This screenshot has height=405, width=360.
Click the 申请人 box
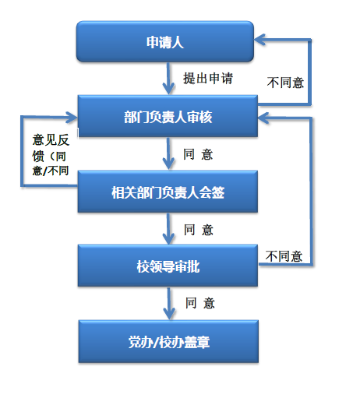(x=165, y=41)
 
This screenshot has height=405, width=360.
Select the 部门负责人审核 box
(x=168, y=116)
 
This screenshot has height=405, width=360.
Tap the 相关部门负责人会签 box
(x=168, y=192)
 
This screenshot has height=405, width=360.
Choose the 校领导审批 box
(x=168, y=266)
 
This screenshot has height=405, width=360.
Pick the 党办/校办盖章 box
(x=168, y=341)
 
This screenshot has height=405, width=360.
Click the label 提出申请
(x=208, y=78)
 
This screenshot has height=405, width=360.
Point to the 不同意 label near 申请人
(x=285, y=83)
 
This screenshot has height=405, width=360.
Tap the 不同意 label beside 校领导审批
(x=284, y=256)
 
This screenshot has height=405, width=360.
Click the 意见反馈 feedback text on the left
(x=51, y=155)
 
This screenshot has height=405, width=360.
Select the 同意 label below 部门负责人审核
(x=198, y=154)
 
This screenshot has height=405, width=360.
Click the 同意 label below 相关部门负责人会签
(x=199, y=230)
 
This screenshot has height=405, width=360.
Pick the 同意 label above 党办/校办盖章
(x=200, y=303)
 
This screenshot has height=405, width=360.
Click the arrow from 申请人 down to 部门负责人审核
(x=168, y=79)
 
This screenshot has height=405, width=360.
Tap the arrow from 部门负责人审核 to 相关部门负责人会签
(x=168, y=153)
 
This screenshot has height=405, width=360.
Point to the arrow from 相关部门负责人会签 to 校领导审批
(x=168, y=229)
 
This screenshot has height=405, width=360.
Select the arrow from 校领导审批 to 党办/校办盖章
(x=169, y=304)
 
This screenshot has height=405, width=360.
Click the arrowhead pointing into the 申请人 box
(x=259, y=40)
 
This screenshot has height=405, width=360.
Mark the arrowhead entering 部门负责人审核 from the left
(x=72, y=118)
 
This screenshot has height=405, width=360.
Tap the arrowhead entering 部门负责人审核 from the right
(x=263, y=118)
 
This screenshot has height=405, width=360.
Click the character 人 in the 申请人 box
(x=178, y=42)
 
